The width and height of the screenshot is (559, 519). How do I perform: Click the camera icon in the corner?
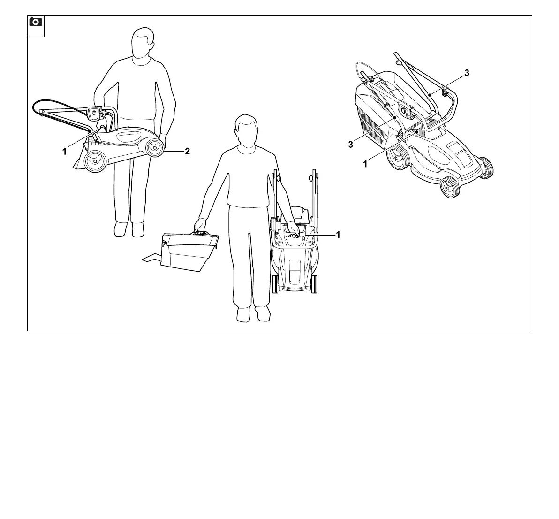(x=36, y=22)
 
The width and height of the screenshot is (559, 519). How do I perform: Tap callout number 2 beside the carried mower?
(x=187, y=151)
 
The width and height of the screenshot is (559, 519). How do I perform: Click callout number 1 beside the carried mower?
(x=65, y=152)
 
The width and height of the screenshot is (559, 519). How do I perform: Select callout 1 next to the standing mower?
(x=338, y=235)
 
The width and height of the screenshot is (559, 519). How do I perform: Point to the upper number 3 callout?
(x=467, y=73)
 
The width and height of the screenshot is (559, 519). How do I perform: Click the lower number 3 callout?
(x=351, y=145)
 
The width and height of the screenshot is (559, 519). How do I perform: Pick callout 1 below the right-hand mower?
(x=365, y=164)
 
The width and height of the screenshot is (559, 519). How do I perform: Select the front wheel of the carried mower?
(x=155, y=146)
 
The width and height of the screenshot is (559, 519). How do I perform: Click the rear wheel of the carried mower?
(x=96, y=161)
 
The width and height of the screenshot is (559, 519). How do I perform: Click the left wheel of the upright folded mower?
(x=275, y=284)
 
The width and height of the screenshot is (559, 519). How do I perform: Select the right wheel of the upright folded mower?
(x=314, y=284)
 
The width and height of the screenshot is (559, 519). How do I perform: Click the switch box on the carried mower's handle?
(x=94, y=114)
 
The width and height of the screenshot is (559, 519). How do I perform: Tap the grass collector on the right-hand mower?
(x=378, y=107)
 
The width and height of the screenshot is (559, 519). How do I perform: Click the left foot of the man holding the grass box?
(x=243, y=314)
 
